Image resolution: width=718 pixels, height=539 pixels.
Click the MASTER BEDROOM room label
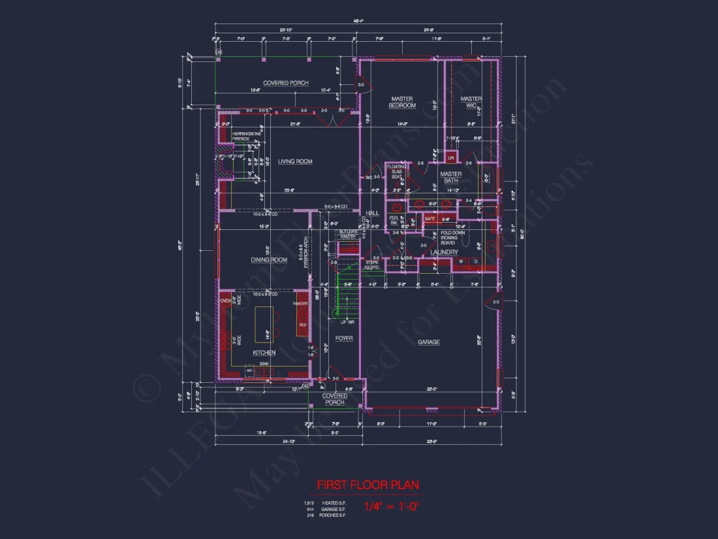pos(402,102)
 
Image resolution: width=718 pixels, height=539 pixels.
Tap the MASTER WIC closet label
pos(471,102)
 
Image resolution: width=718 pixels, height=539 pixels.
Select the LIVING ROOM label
pos(295,161)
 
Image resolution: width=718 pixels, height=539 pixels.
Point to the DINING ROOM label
pos(269,260)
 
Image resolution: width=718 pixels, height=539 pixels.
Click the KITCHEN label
pos(264,353)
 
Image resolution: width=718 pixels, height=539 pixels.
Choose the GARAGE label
pos(429,342)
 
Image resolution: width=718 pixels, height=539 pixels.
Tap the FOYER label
pos(344,338)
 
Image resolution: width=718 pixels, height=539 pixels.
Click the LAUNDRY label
pos(443,252)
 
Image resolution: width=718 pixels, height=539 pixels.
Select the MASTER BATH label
pos(450,177)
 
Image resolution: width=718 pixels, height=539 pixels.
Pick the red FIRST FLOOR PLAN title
pos(367,485)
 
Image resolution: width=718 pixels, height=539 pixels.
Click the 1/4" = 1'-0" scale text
pos(392,506)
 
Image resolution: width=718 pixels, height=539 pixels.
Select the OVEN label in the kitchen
pos(225,301)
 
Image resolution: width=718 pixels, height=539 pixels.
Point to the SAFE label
pos(429,219)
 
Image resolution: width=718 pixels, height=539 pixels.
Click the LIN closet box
pos(451,157)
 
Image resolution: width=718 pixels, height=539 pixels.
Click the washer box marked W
pos(461,263)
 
